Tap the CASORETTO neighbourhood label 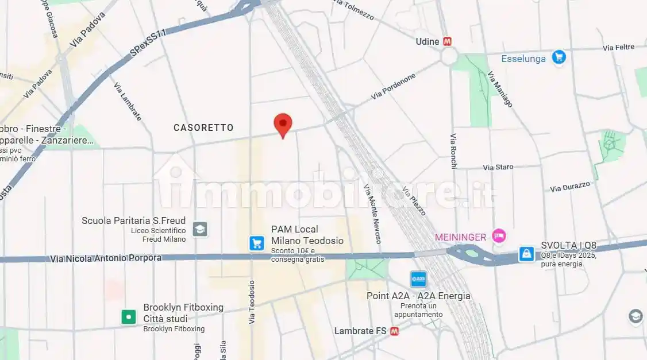click(203, 128)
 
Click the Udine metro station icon click(448, 41)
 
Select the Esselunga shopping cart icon click(559, 57)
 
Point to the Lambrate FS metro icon click(394, 331)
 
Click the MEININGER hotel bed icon click(499, 236)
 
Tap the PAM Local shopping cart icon click(256, 243)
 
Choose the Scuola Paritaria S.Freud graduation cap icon click(200, 229)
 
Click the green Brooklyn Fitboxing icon click(128, 316)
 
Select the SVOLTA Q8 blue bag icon click(526, 253)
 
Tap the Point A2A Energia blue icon click(419, 280)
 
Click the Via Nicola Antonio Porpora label click(106, 258)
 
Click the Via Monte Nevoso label click(372, 214)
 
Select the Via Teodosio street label click(251, 302)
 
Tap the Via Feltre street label click(618, 47)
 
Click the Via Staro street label click(498, 167)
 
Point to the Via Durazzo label click(570, 187)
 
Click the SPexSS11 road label click(148, 43)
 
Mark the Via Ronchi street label click(453, 151)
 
